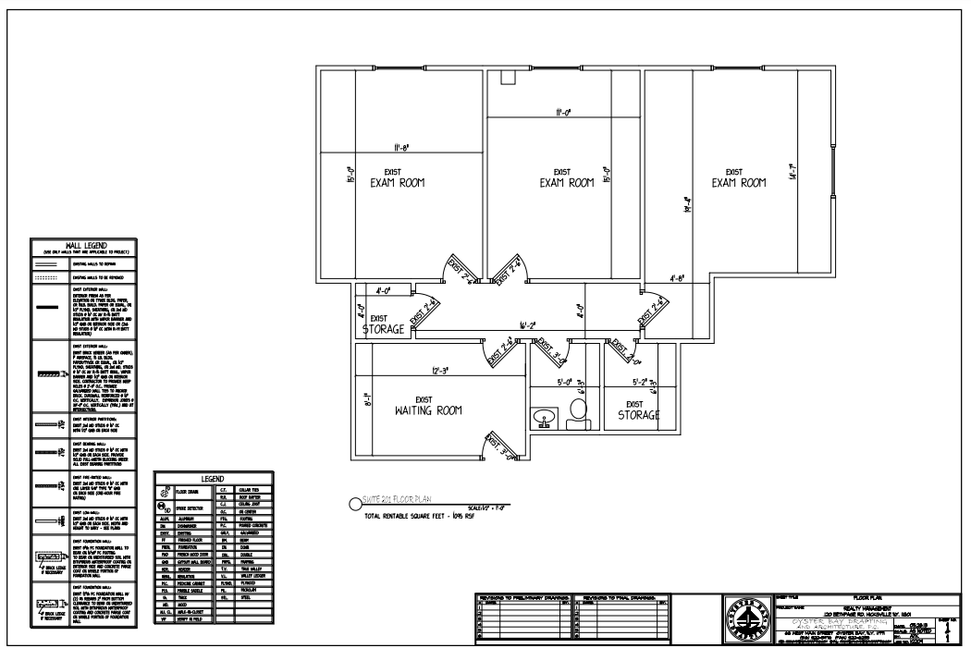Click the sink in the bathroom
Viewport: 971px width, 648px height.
544,418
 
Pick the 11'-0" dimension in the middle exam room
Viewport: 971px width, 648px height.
562,113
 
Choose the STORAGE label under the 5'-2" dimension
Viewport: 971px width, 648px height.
639,410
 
